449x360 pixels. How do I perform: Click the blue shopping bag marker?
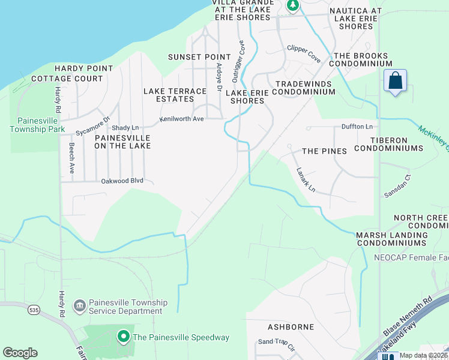coord(396,81)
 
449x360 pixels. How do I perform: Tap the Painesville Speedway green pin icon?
coord(124,337)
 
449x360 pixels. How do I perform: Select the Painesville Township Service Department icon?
coord(79,307)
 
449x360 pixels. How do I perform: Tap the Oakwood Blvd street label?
coord(122,180)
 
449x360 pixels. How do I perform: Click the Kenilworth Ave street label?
coord(181,119)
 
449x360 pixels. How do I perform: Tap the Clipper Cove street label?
coord(304,53)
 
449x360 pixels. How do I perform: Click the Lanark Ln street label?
coord(306,179)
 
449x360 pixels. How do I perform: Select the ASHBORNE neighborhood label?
coord(291,327)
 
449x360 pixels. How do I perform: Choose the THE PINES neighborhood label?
coord(324,151)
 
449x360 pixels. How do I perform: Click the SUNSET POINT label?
coord(191,57)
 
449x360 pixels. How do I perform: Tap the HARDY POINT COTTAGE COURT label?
coord(67,74)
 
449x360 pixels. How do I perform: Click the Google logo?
coord(20,353)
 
